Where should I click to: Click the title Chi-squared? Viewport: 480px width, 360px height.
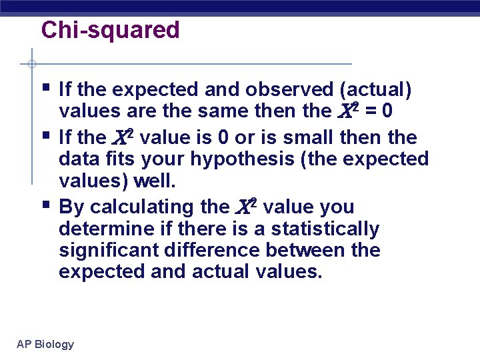click(110, 30)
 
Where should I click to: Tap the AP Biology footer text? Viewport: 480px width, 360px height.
click(45, 344)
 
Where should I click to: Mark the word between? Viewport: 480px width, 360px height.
click(310, 250)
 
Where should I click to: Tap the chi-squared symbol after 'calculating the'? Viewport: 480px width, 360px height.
click(245, 207)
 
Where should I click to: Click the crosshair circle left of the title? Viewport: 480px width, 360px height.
click(31, 64)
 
